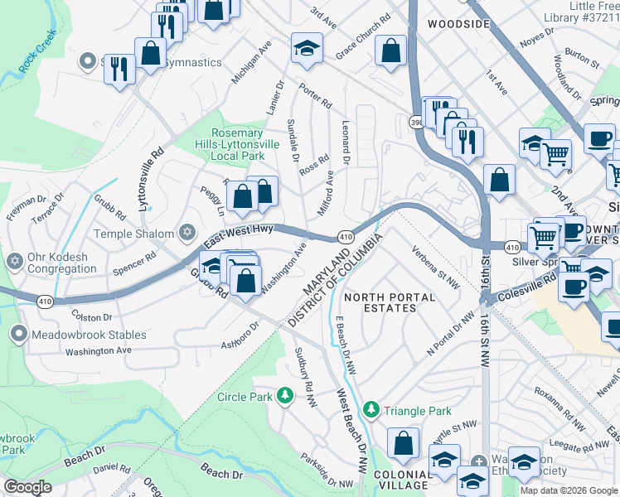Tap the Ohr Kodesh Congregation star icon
click(14, 262)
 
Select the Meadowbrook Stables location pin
click(17, 335)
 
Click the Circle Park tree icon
click(285, 396)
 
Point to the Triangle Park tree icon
click(373, 410)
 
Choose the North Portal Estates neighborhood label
click(390, 302)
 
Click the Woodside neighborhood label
click(458, 25)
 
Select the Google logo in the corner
click(28, 487)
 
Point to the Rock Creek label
click(38, 49)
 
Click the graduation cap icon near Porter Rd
click(306, 49)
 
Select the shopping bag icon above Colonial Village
click(403, 443)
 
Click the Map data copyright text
click(569, 490)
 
